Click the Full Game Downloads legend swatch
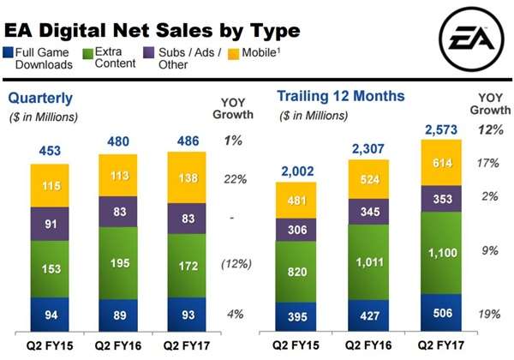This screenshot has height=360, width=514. [x=10, y=53]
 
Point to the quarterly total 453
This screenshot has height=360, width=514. [x=51, y=151]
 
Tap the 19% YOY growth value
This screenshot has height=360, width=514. [x=489, y=315]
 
